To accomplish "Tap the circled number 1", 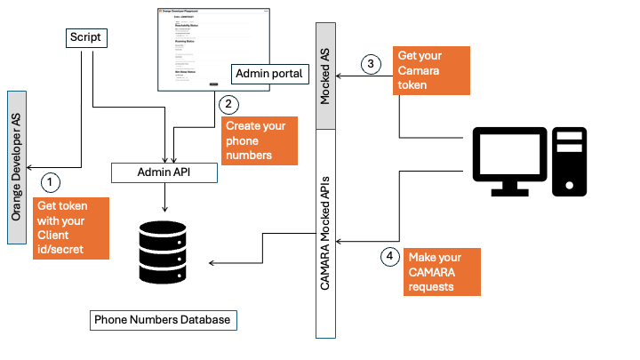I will (52, 181).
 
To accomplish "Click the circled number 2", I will (228, 104).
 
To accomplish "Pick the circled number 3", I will (371, 64).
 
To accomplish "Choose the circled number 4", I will (389, 258).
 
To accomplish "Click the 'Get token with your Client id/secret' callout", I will (72, 228).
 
